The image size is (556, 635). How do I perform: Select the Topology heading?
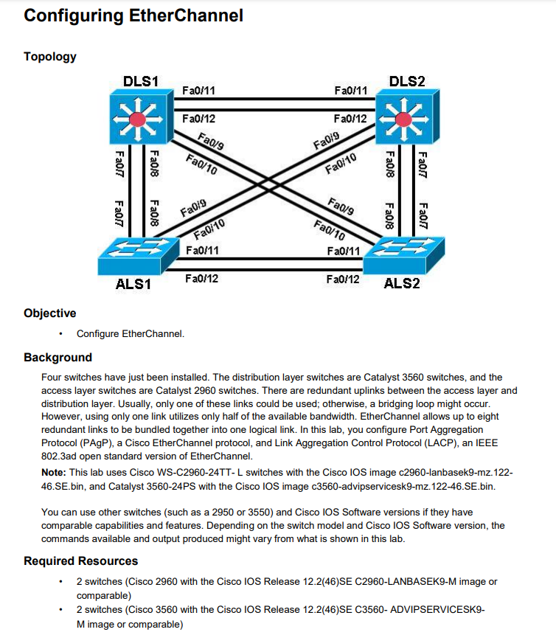click(x=50, y=57)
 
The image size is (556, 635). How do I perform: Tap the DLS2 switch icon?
click(x=403, y=118)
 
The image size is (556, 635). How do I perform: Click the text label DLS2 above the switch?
click(x=406, y=81)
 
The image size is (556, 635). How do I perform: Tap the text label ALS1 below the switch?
click(x=133, y=284)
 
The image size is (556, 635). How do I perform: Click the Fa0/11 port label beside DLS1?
click(x=198, y=91)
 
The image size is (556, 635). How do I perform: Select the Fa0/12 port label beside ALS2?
click(x=343, y=279)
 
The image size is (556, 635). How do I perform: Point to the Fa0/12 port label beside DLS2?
click(x=350, y=119)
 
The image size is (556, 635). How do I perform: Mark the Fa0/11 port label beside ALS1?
click(x=202, y=251)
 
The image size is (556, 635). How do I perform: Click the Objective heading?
click(x=50, y=313)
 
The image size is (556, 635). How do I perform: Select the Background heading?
click(x=58, y=358)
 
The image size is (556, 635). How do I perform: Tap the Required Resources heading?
click(x=81, y=561)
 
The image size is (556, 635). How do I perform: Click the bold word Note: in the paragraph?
click(x=55, y=472)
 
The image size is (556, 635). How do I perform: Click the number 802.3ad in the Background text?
click(x=60, y=457)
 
